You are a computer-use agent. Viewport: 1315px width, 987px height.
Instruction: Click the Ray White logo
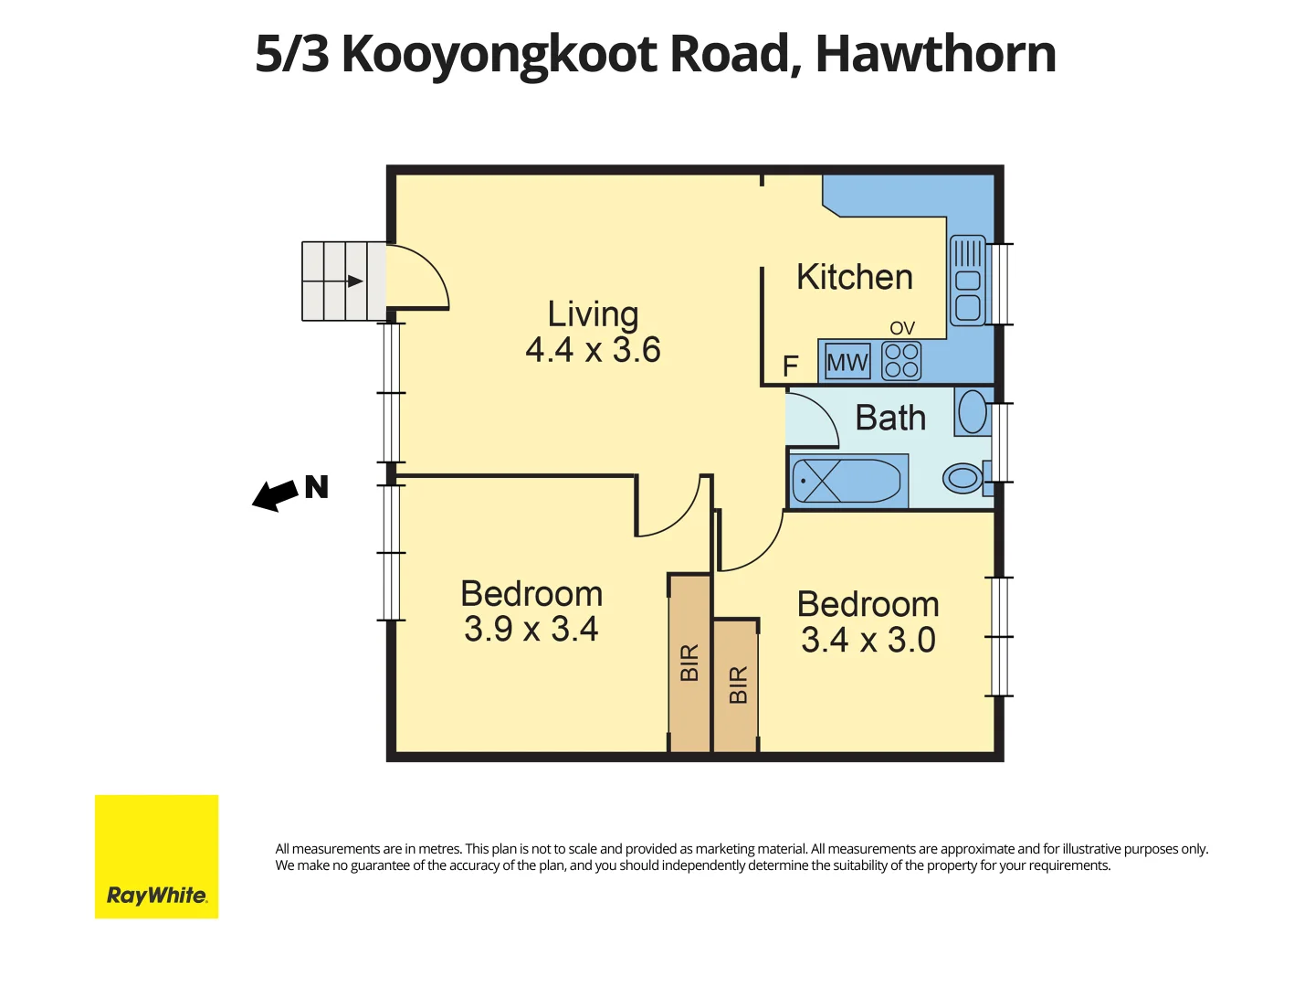156,856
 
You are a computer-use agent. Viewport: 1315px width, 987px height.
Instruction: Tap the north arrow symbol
276,495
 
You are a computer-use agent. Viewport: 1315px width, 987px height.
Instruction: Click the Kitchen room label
854,277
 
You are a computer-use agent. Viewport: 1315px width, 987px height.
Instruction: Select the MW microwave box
847,362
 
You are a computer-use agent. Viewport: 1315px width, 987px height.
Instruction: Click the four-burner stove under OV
901,361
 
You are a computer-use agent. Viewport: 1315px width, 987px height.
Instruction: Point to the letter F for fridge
791,366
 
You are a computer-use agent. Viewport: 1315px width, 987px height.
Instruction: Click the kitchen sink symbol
967,281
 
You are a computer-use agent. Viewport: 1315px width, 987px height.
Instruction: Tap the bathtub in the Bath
847,481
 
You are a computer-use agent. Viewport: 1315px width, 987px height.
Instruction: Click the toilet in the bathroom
963,477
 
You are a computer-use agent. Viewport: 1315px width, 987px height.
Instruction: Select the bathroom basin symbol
973,411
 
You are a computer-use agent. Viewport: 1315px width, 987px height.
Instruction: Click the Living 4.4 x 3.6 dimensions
593,350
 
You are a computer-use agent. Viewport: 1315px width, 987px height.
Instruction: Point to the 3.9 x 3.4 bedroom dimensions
531,629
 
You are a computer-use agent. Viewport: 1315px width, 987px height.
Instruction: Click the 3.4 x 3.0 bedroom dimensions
868,640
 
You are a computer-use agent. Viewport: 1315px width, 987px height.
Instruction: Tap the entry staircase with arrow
343,281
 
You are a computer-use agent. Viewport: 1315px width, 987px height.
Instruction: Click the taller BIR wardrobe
689,663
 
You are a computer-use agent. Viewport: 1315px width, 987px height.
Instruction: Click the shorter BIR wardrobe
736,685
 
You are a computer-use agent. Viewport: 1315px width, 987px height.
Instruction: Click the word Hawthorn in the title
935,54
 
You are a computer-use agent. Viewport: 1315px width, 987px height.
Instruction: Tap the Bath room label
890,418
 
